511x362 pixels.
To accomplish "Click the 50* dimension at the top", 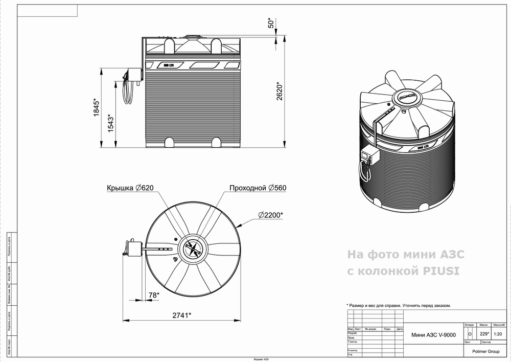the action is (x=272, y=23).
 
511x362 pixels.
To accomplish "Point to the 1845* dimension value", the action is (x=96, y=108).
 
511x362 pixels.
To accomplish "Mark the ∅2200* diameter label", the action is (x=270, y=215).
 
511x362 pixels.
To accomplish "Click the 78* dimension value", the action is (x=154, y=295).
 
